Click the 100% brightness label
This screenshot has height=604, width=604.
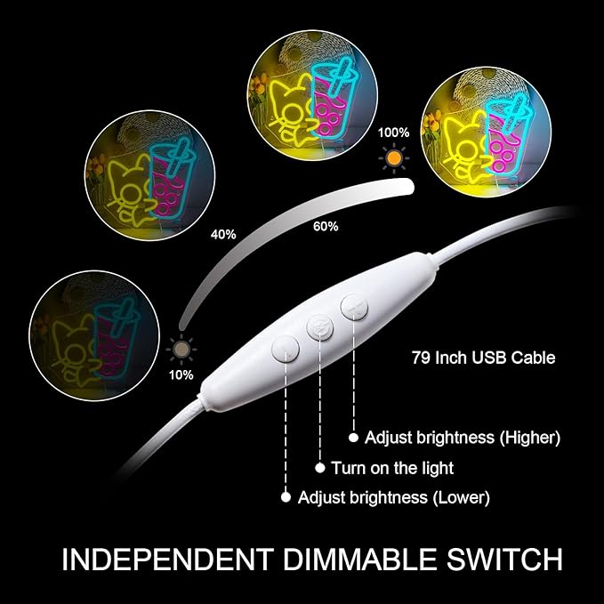click(x=393, y=133)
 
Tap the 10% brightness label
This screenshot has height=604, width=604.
click(x=181, y=375)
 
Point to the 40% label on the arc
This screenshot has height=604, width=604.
click(x=223, y=234)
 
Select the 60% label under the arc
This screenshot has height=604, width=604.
click(x=326, y=227)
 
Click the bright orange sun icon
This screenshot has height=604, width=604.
click(x=394, y=158)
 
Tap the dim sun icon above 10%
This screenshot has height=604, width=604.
click(x=181, y=350)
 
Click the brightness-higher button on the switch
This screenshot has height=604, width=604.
click(x=354, y=307)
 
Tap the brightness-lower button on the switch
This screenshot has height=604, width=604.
click(x=285, y=349)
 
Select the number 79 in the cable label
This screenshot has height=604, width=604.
click(x=421, y=358)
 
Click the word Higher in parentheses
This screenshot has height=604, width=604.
click(x=530, y=438)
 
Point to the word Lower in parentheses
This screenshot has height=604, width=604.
click(x=461, y=497)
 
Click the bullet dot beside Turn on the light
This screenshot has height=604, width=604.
click(x=320, y=468)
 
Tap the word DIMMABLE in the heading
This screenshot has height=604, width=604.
click(x=360, y=559)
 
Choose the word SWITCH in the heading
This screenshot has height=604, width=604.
click(x=504, y=559)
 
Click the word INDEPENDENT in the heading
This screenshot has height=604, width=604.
click(x=168, y=559)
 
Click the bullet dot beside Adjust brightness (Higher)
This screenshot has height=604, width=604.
click(x=354, y=438)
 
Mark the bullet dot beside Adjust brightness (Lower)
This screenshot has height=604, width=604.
click(x=286, y=497)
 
